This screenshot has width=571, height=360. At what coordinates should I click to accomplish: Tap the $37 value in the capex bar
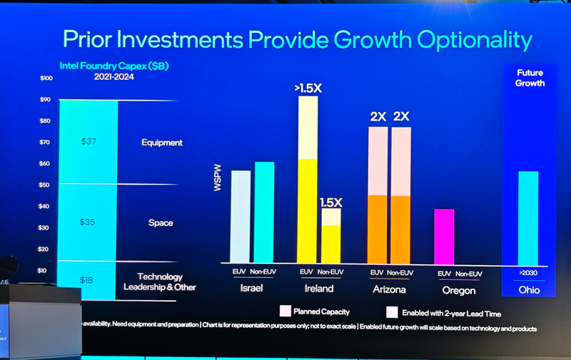88,142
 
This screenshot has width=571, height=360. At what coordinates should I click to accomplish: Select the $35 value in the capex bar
88,222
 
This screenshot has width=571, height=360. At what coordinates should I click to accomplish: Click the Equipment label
161,142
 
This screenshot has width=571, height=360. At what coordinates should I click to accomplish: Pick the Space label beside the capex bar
161,223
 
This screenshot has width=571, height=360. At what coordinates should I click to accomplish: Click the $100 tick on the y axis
46,78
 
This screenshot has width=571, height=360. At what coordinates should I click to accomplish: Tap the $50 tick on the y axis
46,185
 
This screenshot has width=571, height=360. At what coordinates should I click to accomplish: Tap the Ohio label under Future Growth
529,291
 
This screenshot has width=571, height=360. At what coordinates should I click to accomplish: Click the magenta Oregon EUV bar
444,236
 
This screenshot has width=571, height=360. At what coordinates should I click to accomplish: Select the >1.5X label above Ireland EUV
308,89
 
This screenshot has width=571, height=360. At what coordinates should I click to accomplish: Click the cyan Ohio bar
528,218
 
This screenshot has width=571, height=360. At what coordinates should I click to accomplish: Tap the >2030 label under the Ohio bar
528,274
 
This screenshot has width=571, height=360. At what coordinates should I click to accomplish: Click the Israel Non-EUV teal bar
264,213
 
